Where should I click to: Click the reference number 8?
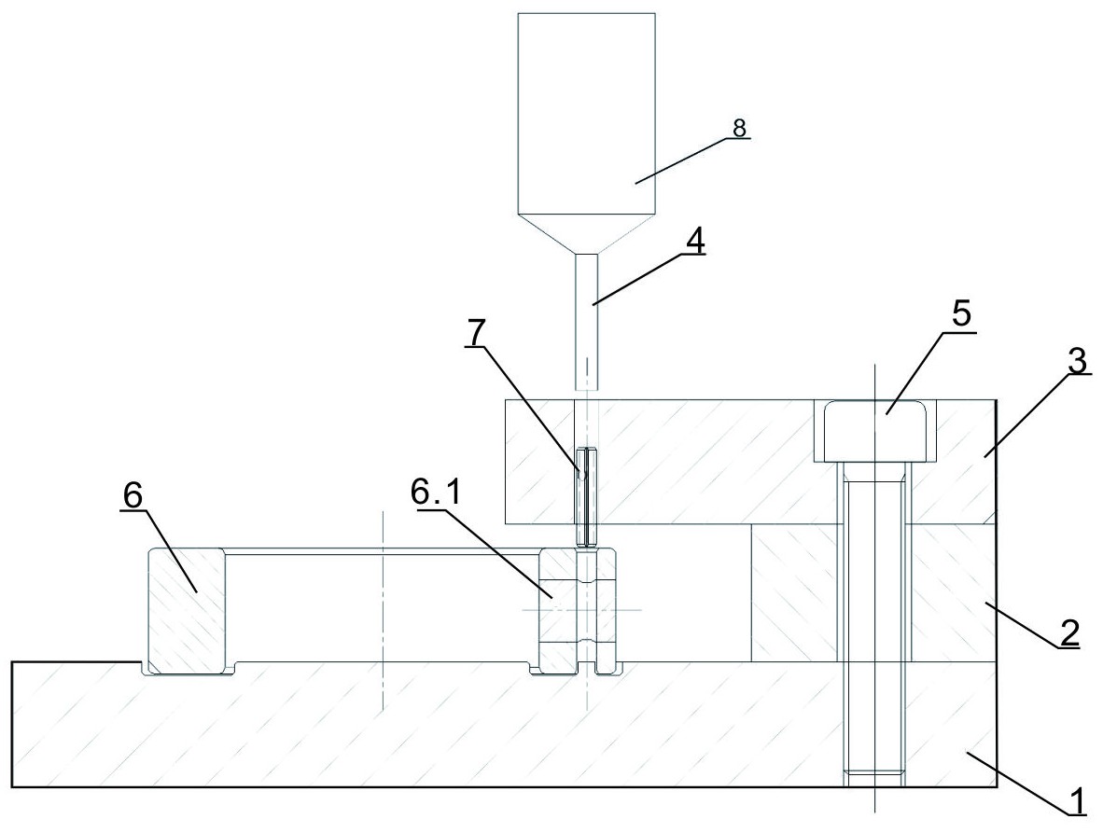point(738,130)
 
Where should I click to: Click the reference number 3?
point(1077,363)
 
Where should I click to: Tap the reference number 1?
point(1076,799)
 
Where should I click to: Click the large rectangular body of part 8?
point(587,112)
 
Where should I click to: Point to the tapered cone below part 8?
point(587,234)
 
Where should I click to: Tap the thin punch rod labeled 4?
point(587,317)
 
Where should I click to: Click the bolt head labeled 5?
point(874,430)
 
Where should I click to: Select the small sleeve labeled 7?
point(585,497)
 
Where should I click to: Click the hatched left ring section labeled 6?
point(187,611)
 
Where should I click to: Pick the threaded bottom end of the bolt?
point(874,772)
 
